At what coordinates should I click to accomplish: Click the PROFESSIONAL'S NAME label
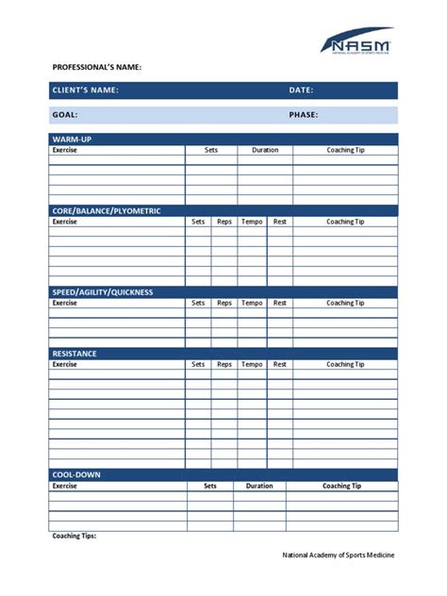click(96, 68)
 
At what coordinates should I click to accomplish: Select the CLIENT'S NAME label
click(86, 91)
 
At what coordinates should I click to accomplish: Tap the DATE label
click(302, 91)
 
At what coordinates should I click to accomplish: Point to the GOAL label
click(65, 115)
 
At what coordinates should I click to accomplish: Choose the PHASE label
click(304, 115)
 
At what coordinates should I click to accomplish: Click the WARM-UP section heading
click(72, 140)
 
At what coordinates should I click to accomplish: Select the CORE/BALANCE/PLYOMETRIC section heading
click(106, 211)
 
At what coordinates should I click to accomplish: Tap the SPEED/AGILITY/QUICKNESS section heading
click(102, 292)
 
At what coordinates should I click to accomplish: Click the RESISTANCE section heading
click(74, 354)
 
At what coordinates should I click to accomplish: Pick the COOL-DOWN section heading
click(76, 474)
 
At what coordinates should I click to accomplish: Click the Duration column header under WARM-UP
click(265, 150)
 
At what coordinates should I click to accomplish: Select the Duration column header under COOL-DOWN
click(259, 486)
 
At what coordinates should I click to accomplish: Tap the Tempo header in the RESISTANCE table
click(252, 364)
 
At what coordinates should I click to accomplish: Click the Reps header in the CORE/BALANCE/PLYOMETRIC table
click(224, 222)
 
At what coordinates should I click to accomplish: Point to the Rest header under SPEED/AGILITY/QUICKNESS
click(280, 303)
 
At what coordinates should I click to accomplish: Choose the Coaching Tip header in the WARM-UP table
click(345, 150)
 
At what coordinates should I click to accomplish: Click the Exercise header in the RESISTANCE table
click(65, 364)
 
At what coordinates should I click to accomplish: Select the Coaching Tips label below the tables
click(74, 536)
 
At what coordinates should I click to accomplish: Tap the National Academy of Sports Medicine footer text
click(339, 555)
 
